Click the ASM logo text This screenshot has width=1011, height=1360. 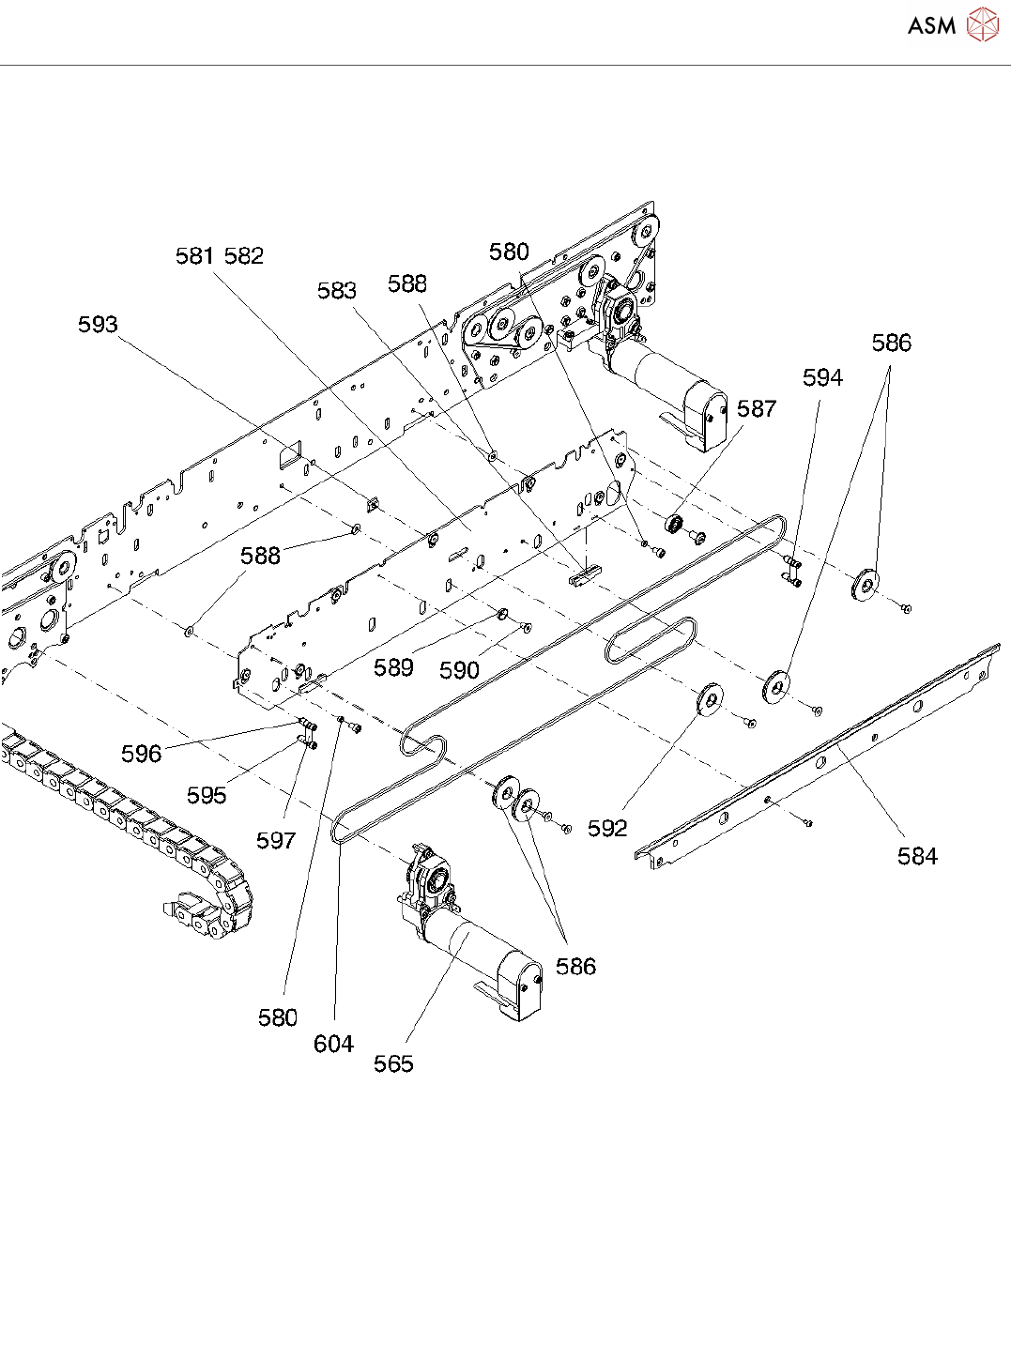[931, 25]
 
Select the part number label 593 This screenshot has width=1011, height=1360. [98, 325]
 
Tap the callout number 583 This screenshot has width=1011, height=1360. [337, 291]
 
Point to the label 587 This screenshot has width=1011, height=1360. [757, 409]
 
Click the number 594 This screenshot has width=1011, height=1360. [822, 377]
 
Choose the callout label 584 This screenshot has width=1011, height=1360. [917, 856]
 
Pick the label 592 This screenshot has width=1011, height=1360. [607, 829]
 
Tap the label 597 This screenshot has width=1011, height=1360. [276, 840]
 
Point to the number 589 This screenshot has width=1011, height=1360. [393, 667]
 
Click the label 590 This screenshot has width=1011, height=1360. [459, 671]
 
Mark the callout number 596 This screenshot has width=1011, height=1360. [141, 754]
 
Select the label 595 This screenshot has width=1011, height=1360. [207, 796]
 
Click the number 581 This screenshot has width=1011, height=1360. [195, 255]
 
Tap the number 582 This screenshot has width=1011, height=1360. [244, 255]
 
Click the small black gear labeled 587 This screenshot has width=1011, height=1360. [674, 525]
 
